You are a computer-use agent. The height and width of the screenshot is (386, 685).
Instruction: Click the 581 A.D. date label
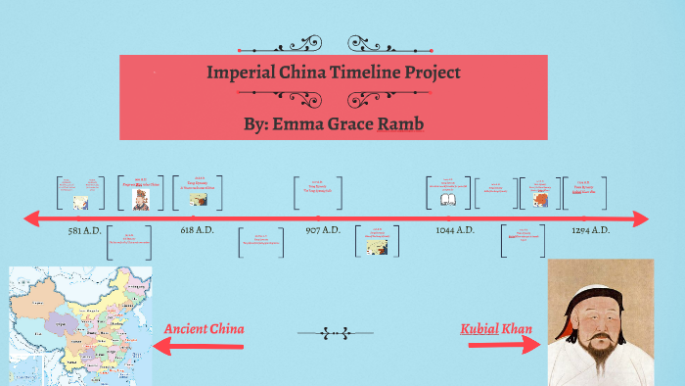(84, 230)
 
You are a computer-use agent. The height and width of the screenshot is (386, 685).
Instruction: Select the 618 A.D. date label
(198, 230)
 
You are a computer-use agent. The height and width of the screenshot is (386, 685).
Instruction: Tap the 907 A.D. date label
(323, 230)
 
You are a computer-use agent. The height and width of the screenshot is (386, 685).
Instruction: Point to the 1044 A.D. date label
(455, 230)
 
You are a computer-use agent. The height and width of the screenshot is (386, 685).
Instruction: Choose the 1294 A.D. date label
(591, 230)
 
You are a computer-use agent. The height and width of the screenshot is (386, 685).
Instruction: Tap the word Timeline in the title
(364, 72)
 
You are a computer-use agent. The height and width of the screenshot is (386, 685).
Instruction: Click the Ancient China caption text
(205, 329)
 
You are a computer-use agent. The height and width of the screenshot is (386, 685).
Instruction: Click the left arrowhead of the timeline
(31, 217)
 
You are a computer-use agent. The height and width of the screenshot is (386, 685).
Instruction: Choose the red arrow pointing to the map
(186, 345)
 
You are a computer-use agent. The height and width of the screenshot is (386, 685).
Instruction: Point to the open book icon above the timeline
(448, 198)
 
